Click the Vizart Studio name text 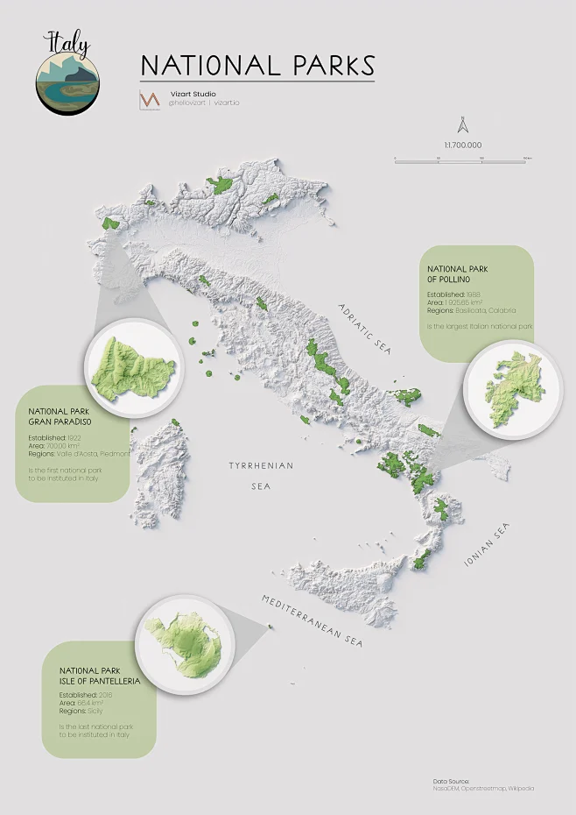coord(193,94)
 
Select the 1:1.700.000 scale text coord(463,145)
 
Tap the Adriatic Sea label coord(367,329)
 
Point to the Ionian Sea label coord(487,543)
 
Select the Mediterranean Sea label coord(312,620)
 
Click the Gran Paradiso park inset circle coord(133,365)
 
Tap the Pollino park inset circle coord(511,389)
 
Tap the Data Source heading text coord(451,780)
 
